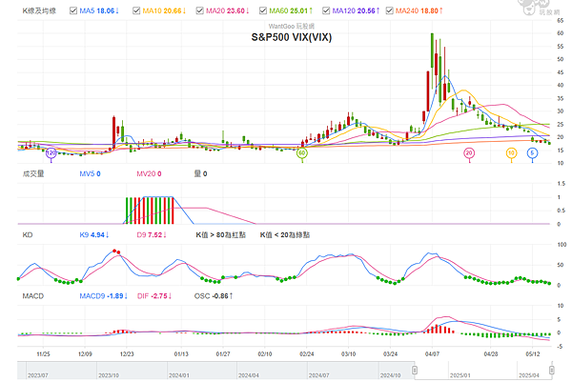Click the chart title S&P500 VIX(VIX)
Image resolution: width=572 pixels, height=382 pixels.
click(293, 37)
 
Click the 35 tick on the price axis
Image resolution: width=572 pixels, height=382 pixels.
click(559, 95)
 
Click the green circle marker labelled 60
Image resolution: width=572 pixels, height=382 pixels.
click(302, 152)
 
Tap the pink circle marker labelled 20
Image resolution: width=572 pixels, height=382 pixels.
click(468, 152)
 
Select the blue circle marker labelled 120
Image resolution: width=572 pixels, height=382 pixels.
click(51, 152)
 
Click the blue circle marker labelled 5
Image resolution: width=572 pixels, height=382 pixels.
click(533, 152)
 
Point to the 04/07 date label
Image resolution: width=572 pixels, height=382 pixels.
click(433, 352)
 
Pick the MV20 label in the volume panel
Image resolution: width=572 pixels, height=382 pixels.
click(148, 173)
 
